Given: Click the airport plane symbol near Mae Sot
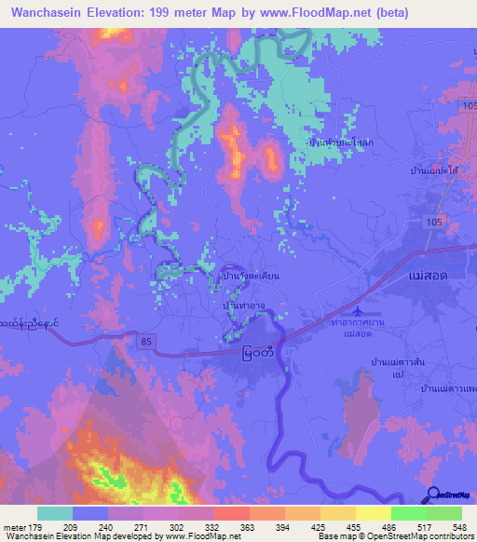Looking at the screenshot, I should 361,309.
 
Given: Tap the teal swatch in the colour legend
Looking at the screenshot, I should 55,513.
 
